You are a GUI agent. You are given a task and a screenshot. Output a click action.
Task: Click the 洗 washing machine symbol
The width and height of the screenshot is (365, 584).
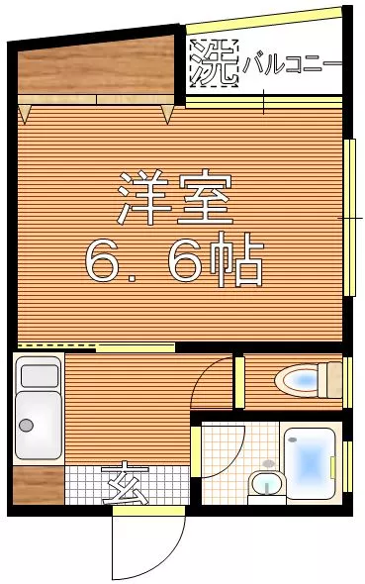click(x=214, y=63)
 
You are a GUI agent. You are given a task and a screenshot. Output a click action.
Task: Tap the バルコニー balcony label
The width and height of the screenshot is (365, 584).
click(x=292, y=64)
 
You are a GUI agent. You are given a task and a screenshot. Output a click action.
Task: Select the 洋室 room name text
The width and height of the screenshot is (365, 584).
click(x=175, y=197)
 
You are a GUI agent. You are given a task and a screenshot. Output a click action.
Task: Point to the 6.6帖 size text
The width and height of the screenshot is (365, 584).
click(x=174, y=259)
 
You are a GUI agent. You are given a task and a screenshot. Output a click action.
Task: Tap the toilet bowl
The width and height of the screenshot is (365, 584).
click(x=297, y=380)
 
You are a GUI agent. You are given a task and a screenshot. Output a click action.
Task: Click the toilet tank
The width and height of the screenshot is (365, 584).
click(x=329, y=380)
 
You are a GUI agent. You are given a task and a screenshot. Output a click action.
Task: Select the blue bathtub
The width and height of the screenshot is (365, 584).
click(x=308, y=463)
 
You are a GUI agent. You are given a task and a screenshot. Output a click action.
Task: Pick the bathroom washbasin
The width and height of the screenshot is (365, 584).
click(x=267, y=483)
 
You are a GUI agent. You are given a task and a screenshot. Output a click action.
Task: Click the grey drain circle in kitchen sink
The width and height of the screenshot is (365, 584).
click(x=26, y=425)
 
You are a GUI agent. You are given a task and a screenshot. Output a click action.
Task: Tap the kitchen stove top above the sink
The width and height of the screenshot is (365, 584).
click(x=40, y=375)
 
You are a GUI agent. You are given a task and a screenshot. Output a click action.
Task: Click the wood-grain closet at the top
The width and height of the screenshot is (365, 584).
click(x=96, y=66)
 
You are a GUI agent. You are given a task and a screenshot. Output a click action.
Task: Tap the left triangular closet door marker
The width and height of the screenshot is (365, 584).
click(x=24, y=114)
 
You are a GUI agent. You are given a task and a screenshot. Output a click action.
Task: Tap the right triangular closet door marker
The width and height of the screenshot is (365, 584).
click(x=167, y=114)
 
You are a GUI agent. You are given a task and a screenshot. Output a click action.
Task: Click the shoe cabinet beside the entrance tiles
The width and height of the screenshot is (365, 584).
click(x=39, y=485)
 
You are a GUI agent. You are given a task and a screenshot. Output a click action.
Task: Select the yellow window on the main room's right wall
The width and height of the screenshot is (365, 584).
click(x=349, y=218)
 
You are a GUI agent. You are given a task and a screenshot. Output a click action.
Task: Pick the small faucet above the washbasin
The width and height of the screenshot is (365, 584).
click(x=268, y=463)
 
